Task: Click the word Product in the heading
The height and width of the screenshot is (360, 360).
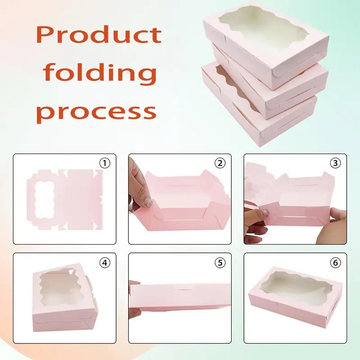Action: coord(99,35)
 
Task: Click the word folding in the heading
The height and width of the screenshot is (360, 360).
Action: coord(100,72)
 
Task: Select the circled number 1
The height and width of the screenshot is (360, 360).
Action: coord(105,163)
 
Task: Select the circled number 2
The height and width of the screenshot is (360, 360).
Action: coord(220,163)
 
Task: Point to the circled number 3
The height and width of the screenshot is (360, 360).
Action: coord(335,163)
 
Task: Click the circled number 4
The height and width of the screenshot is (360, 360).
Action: coord(105,262)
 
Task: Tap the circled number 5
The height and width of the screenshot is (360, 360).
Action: coord(220,262)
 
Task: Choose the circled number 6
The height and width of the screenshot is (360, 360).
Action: coord(335,262)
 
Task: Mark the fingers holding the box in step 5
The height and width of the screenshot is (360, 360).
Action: coord(134,298)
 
